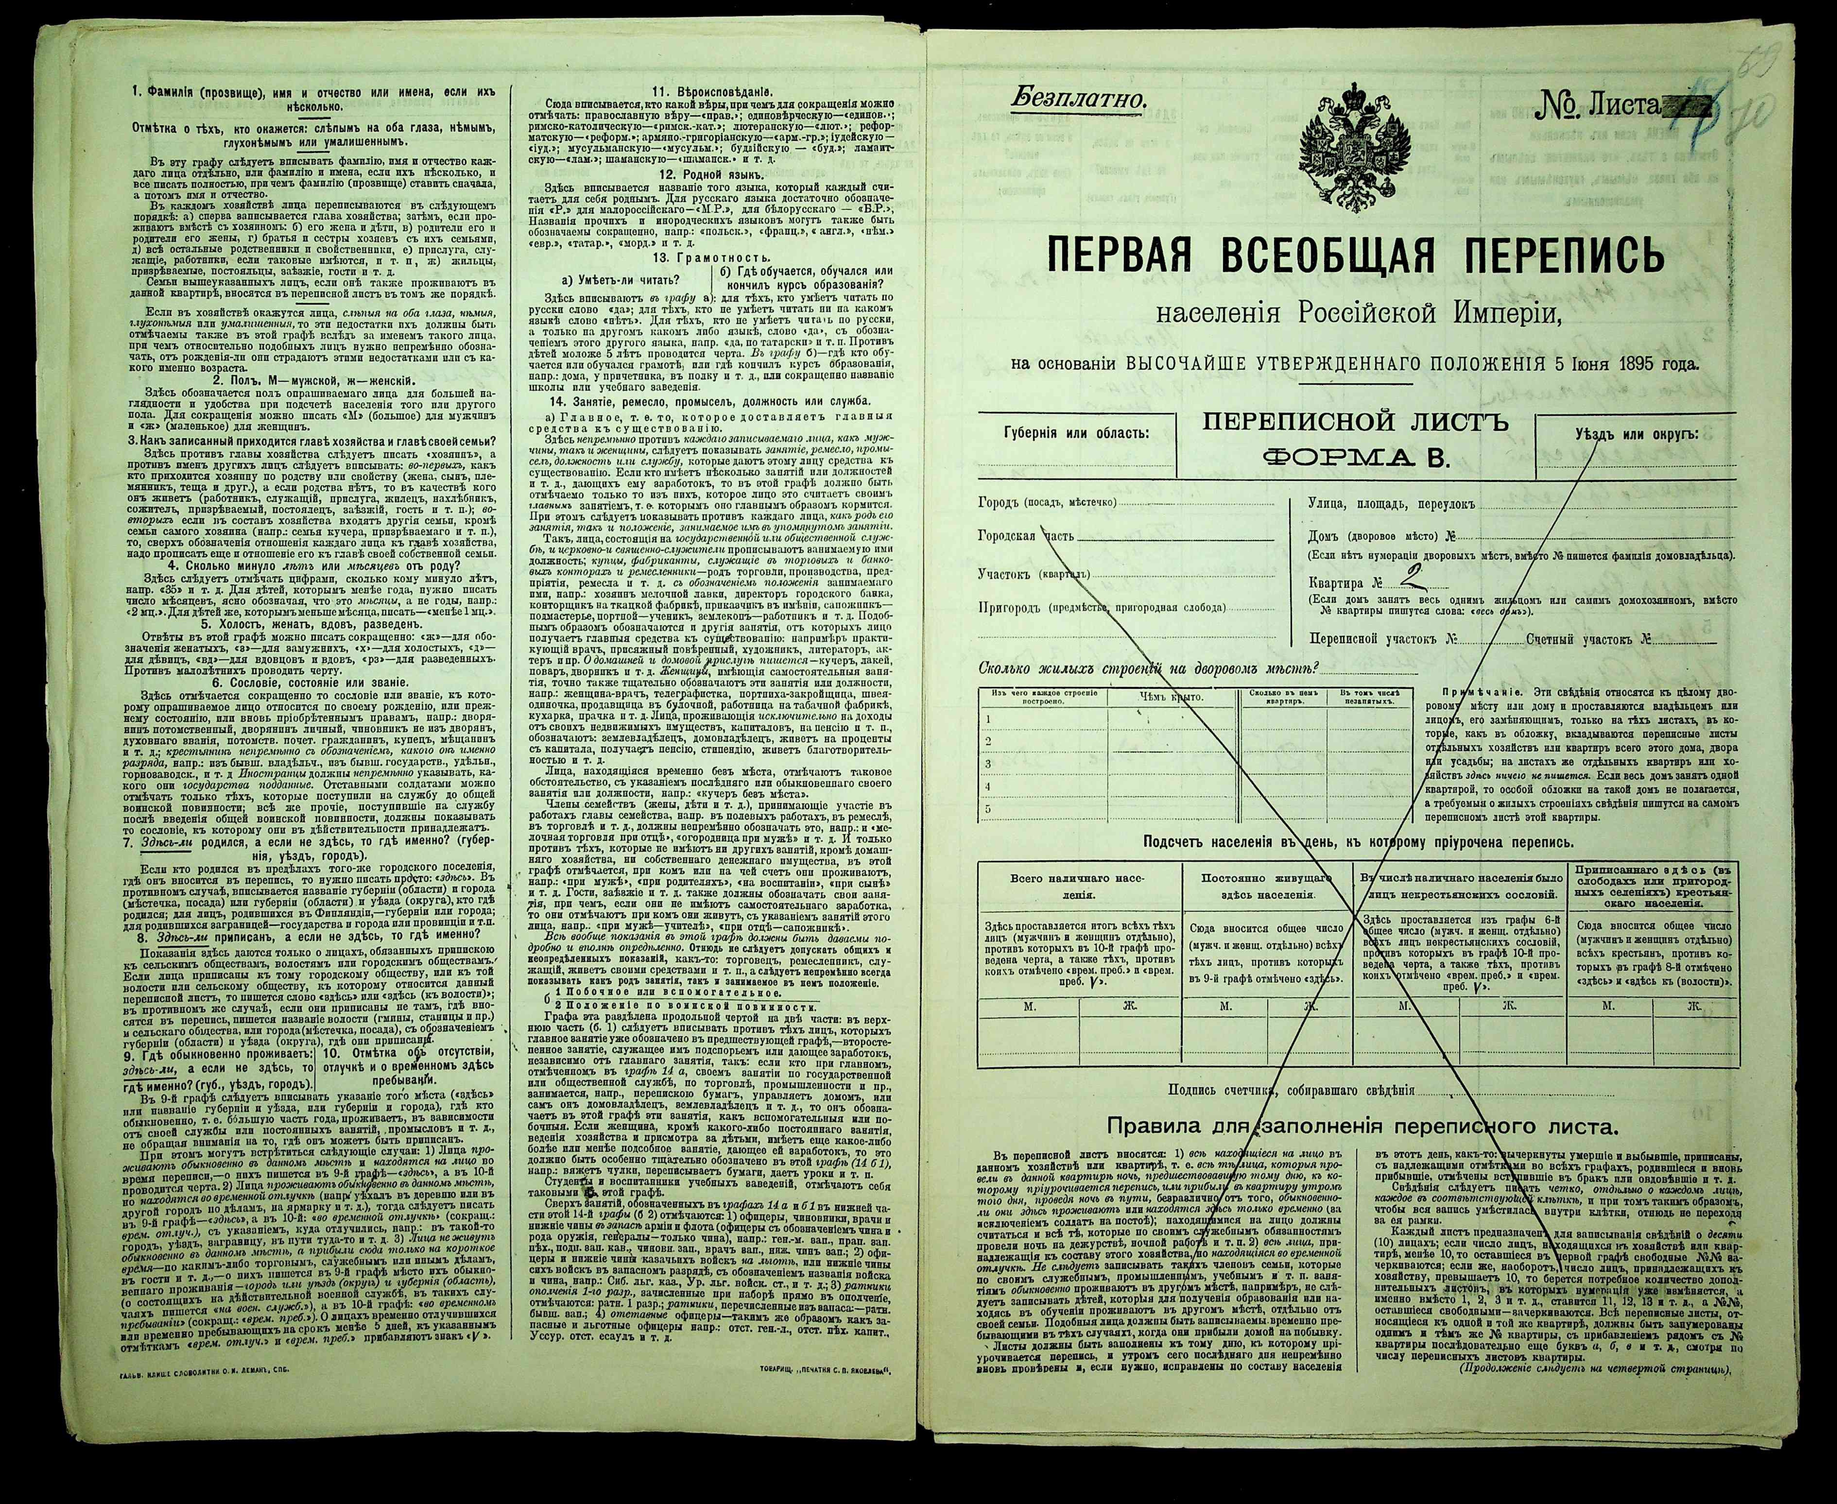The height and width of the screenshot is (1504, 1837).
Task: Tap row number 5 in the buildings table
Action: [988, 809]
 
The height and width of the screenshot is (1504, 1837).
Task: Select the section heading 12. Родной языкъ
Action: [710, 174]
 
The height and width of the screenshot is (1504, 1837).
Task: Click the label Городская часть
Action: [1025, 535]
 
